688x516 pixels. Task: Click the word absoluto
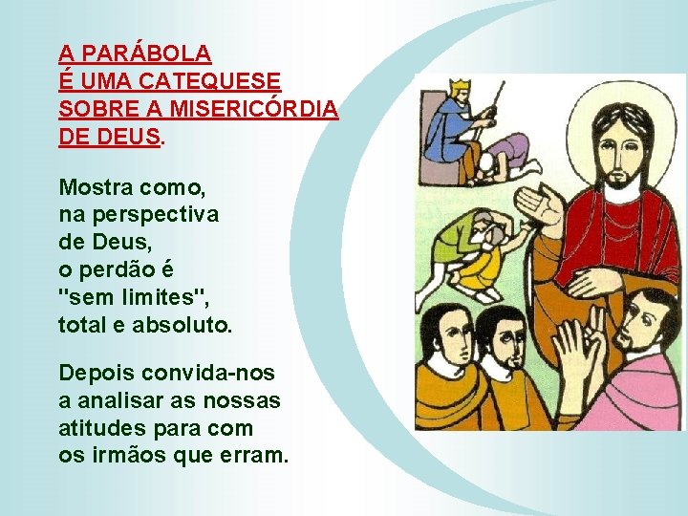point(184,325)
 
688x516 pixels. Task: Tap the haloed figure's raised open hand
point(531,204)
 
